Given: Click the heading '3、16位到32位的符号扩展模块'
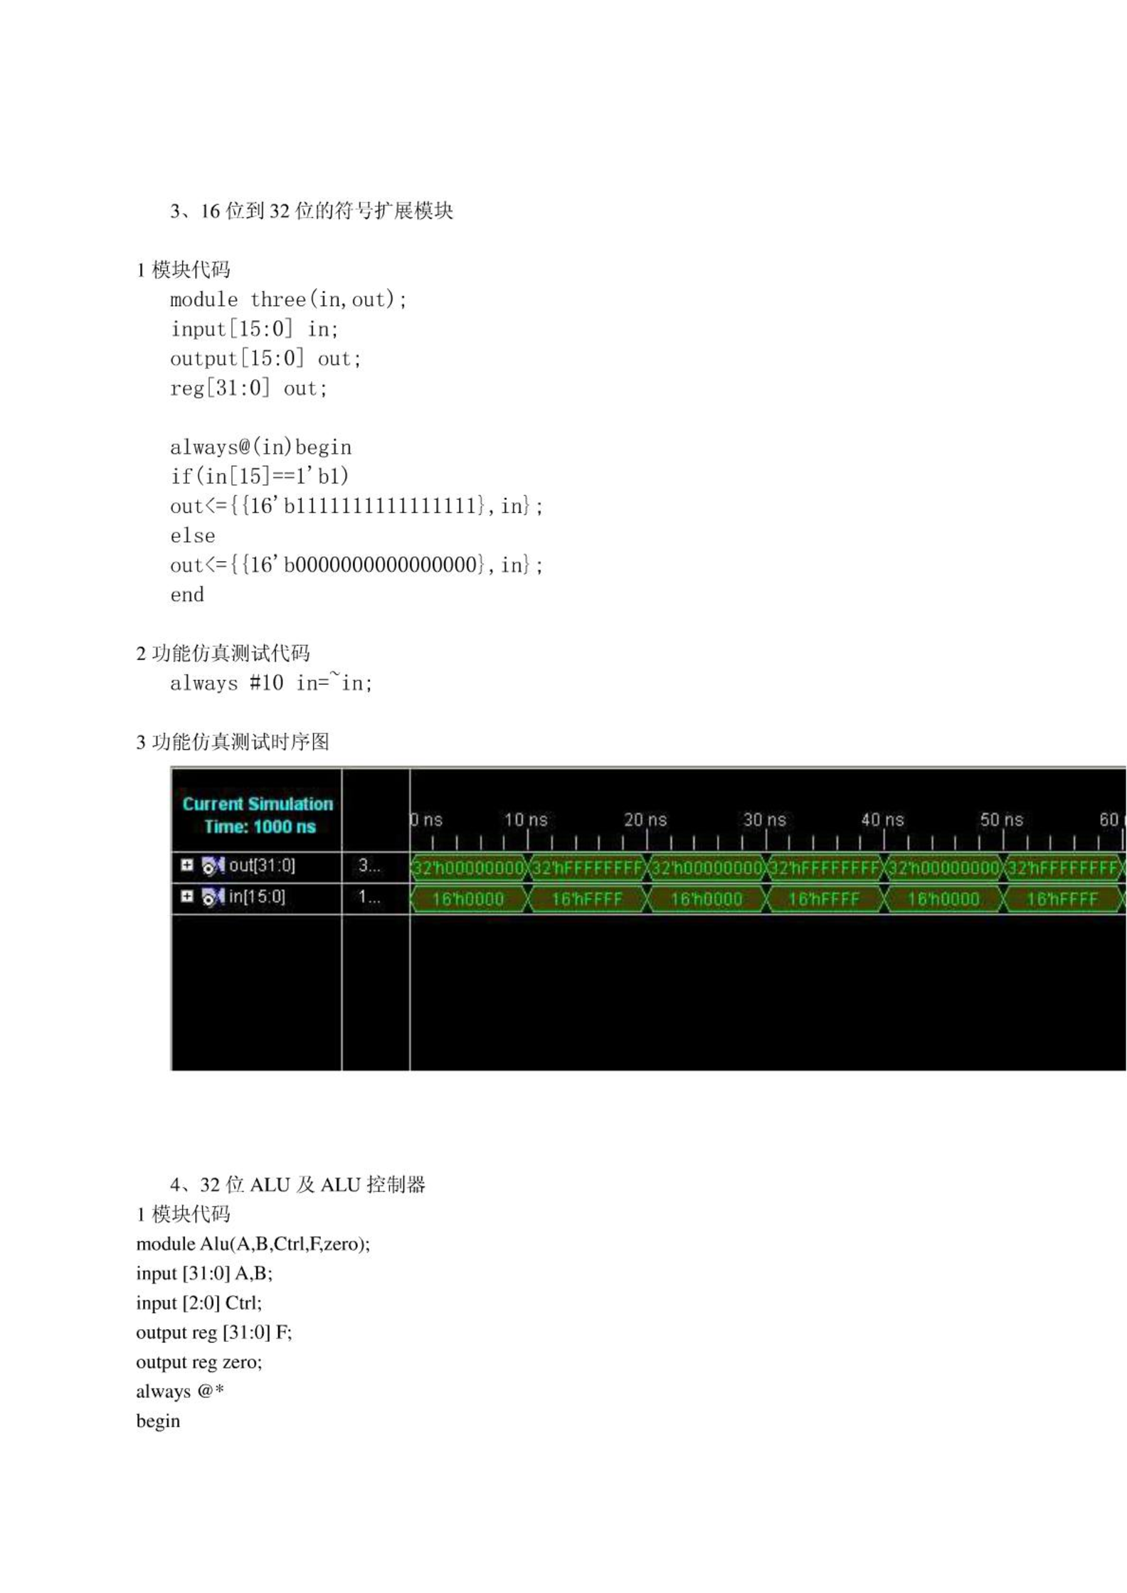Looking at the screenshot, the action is [x=312, y=211].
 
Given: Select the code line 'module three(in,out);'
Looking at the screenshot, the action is [x=288, y=299].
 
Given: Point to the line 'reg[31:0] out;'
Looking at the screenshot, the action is [x=248, y=388].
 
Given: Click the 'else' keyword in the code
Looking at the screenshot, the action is [x=192, y=536].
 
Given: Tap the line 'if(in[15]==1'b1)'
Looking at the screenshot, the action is [x=260, y=476].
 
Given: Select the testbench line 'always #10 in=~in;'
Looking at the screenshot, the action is [x=271, y=683].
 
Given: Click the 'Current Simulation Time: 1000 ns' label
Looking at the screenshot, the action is [x=258, y=815].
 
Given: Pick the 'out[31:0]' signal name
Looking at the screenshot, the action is [x=262, y=865].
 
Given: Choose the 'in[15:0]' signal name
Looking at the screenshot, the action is [x=257, y=896].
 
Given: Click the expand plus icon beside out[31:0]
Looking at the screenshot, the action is [x=186, y=865].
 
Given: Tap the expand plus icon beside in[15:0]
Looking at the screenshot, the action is [x=186, y=896].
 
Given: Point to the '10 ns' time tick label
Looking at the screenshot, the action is [x=526, y=820].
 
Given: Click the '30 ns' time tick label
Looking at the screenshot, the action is [x=764, y=820].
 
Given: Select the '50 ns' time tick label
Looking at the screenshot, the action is [x=1001, y=820].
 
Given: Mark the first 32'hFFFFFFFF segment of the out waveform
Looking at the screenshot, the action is [x=588, y=868].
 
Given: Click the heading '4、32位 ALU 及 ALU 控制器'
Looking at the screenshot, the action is [x=297, y=1185].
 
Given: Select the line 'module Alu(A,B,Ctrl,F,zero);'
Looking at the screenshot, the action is [x=253, y=1244].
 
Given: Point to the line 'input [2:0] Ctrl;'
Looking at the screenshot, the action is [x=199, y=1303].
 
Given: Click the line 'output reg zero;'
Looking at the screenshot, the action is [x=199, y=1362].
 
